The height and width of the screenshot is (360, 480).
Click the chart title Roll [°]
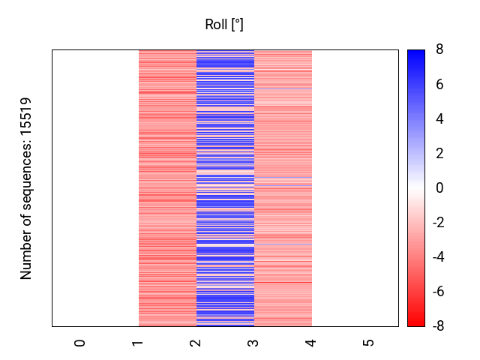click(x=224, y=25)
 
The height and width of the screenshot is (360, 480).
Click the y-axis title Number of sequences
click(x=27, y=188)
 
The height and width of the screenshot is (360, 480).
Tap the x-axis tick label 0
click(x=80, y=343)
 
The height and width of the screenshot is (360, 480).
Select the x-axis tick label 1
click(x=138, y=343)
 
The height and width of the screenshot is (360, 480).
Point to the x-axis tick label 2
click(x=195, y=343)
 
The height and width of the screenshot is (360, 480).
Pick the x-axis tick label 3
click(x=253, y=343)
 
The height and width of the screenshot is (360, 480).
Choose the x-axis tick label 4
click(x=310, y=343)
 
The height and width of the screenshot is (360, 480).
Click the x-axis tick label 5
click(x=368, y=343)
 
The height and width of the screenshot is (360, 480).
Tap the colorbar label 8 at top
click(x=439, y=50)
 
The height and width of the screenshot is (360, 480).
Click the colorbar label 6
click(x=439, y=85)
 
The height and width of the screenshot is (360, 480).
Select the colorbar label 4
click(x=439, y=119)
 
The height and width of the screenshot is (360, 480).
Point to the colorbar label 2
click(x=439, y=154)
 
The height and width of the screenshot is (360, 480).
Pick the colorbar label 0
click(x=439, y=188)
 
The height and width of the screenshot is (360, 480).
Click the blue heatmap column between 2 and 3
click(x=225, y=188)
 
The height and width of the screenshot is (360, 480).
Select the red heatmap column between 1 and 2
click(x=167, y=188)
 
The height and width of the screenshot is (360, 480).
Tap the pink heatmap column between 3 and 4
click(x=283, y=188)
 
